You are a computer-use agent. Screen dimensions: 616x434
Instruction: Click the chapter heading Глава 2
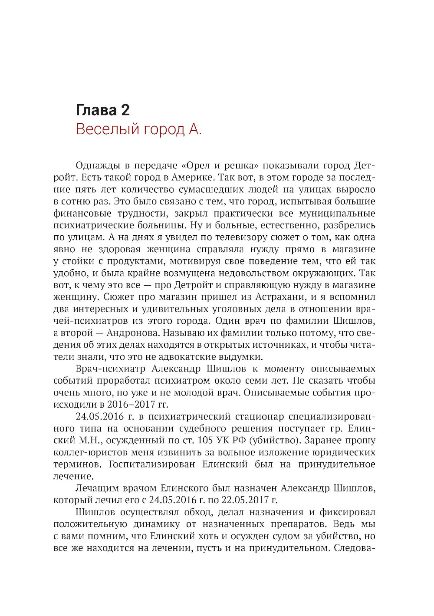coord(103,110)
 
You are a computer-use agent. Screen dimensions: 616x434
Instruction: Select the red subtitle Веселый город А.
coord(139,129)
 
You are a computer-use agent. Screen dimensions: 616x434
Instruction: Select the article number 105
coord(205,440)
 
